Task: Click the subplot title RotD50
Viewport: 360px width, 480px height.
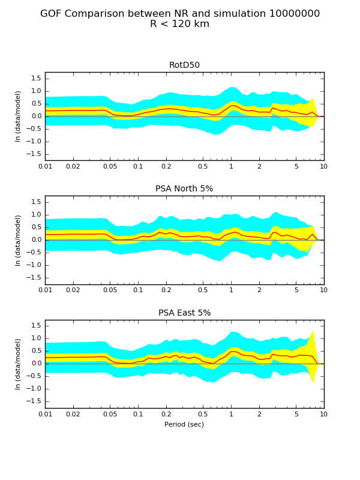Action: [184, 65]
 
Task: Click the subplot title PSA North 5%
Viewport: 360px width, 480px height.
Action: [184, 189]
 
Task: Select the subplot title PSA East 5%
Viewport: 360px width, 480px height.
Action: [184, 313]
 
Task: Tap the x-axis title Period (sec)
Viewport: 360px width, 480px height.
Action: [184, 424]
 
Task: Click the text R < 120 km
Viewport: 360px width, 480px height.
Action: [180, 25]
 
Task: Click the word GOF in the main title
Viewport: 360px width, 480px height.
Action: [52, 14]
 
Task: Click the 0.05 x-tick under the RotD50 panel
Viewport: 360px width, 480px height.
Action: [110, 166]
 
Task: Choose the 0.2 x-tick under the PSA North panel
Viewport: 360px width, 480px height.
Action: [166, 290]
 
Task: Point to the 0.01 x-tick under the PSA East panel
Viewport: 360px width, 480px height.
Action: [45, 414]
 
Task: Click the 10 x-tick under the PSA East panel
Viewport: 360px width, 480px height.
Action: [324, 414]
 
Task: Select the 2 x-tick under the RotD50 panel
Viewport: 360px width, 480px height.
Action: [259, 166]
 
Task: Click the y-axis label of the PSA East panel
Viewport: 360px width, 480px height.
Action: [19, 364]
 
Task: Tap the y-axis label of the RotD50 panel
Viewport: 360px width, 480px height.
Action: [19, 116]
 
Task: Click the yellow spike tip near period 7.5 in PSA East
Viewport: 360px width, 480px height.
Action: [313, 331]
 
